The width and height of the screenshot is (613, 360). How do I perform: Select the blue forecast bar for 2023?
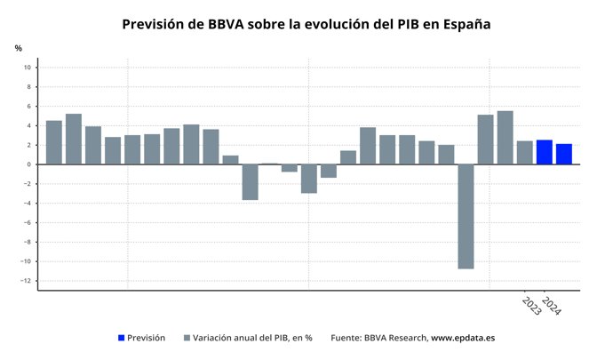tap(544, 152)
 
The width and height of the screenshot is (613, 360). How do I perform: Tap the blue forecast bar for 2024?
tap(563, 154)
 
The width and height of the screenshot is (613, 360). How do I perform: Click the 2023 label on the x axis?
tap(531, 306)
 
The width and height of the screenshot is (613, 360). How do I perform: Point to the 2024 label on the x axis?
tap(552, 306)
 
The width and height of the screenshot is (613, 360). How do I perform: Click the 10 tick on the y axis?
tap(28, 68)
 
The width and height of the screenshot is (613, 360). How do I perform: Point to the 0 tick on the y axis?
tap(29, 164)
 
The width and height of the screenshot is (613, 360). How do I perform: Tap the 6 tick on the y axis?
tap(29, 107)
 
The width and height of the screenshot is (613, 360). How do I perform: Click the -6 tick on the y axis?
tap(27, 223)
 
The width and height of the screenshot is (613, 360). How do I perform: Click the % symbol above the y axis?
tap(18, 48)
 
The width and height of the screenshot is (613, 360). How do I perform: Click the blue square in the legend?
tap(122, 339)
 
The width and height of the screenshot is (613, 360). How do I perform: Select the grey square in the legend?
tap(187, 339)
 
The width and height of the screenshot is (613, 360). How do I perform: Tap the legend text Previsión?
tap(147, 339)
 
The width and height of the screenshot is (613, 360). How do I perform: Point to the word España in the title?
tap(462, 24)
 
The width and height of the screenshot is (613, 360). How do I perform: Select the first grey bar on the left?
tap(53, 142)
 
